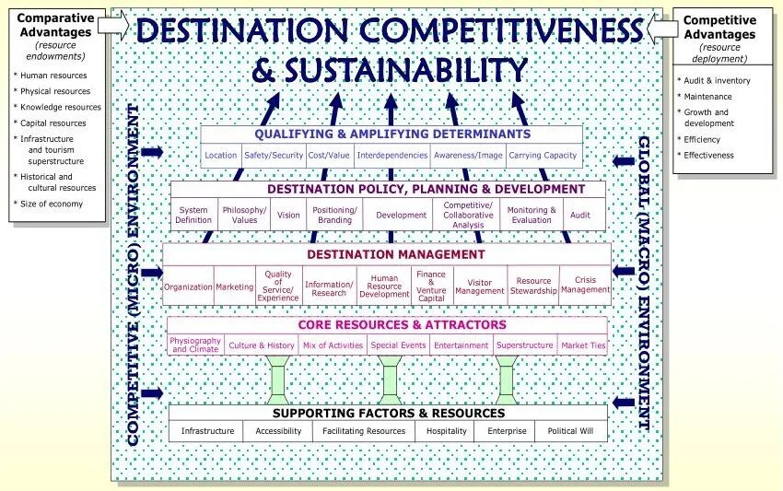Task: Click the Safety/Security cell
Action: [x=273, y=156]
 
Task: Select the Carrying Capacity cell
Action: [x=543, y=156]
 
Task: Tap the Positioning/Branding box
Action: [x=333, y=215]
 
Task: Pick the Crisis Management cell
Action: [x=585, y=285]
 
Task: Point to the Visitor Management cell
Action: [x=480, y=285]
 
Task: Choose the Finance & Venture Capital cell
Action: [x=431, y=285]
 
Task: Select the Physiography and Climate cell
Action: [x=195, y=345]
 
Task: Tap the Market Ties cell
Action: [x=583, y=345]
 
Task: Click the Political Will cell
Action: [x=570, y=431]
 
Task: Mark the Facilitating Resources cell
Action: [x=365, y=431]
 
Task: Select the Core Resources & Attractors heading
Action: [x=389, y=325]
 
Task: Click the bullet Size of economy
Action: [x=52, y=204]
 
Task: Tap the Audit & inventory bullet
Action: [x=717, y=81]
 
